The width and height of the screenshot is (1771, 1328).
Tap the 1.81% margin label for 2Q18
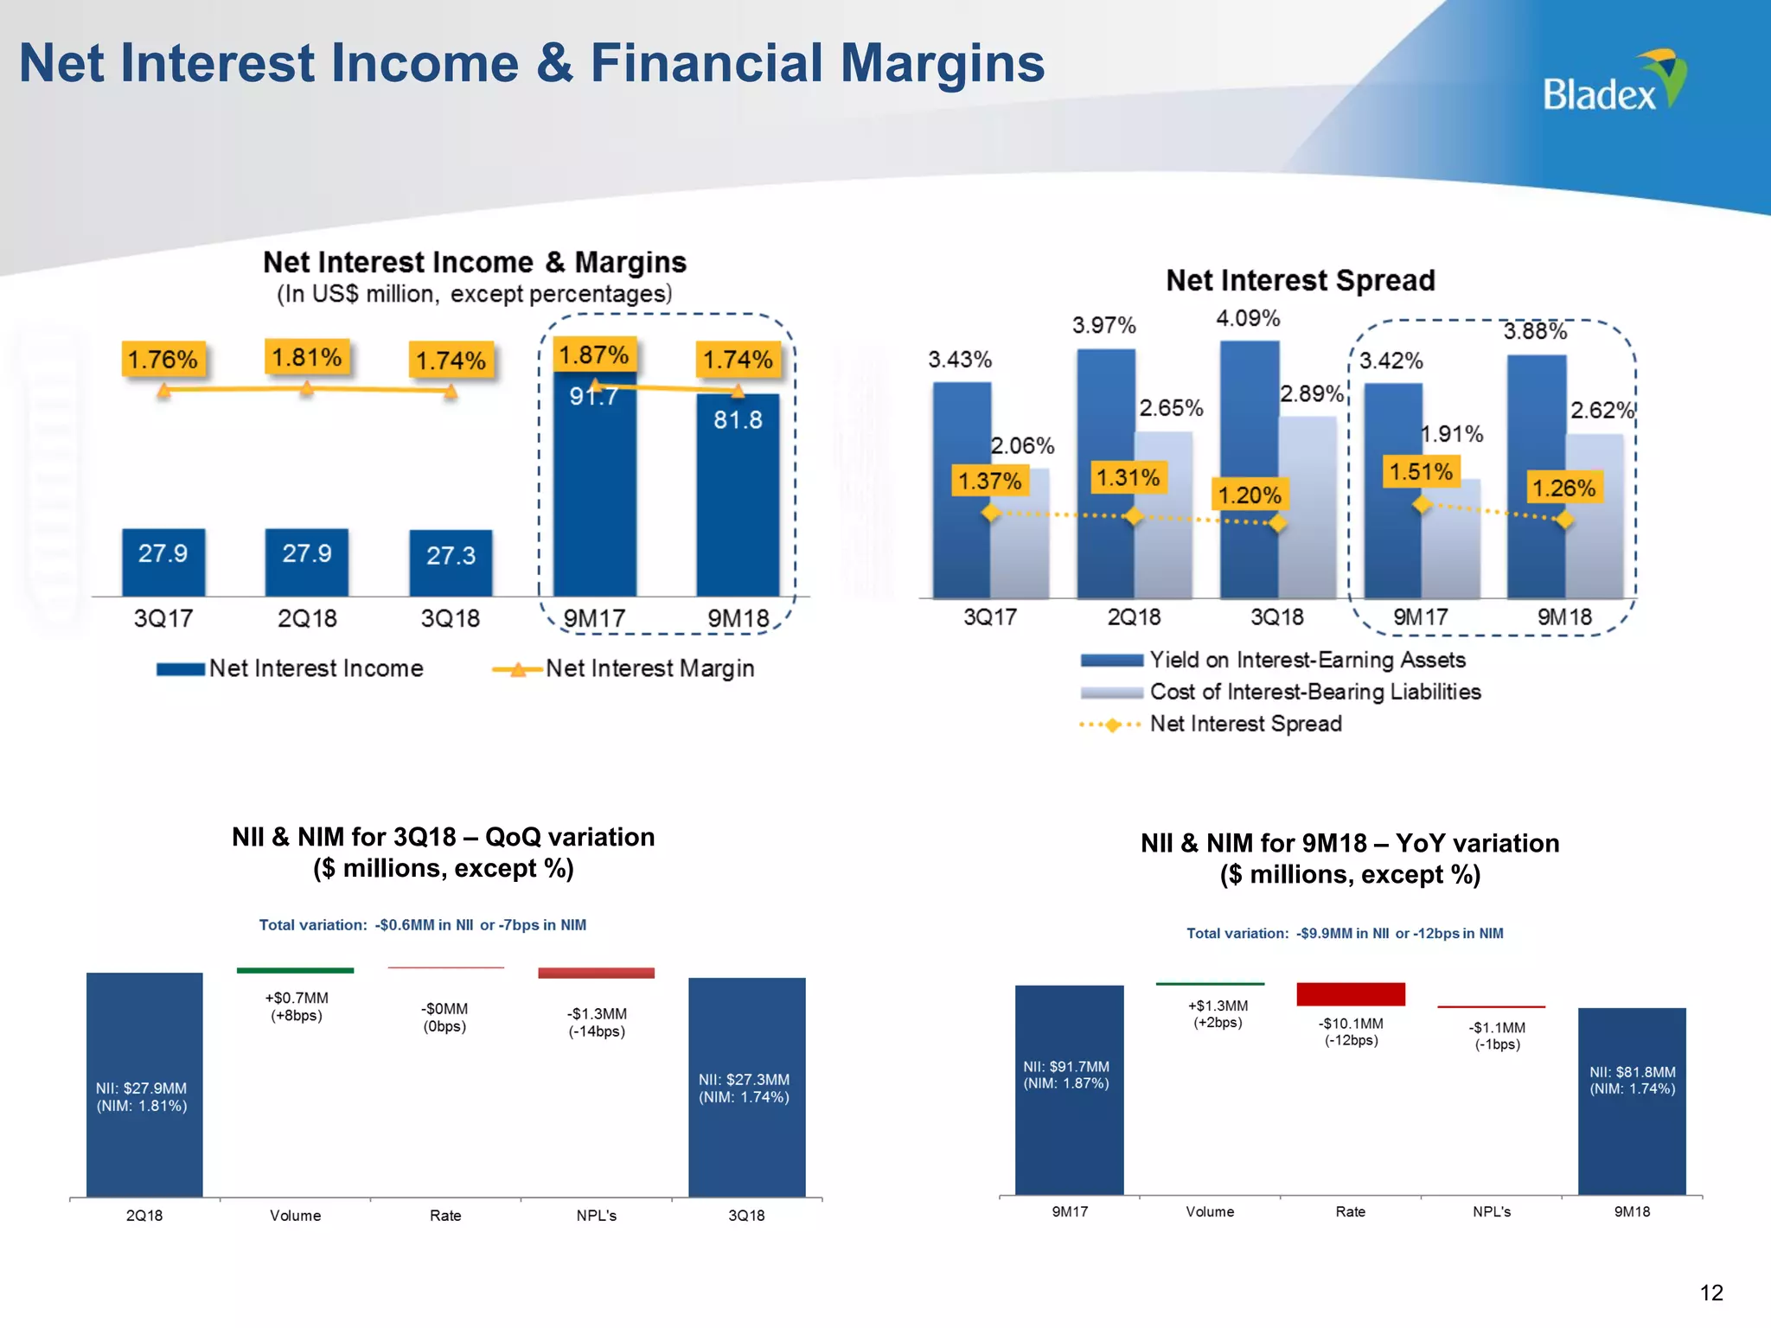(x=307, y=357)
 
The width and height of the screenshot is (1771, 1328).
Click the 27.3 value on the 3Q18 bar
(x=451, y=556)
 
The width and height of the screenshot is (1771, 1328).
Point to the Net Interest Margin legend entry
(x=623, y=668)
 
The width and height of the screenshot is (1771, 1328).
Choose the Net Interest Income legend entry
(x=291, y=668)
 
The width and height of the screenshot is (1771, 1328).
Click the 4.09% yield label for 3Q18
(x=1248, y=319)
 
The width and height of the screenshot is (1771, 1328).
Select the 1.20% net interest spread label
(x=1250, y=495)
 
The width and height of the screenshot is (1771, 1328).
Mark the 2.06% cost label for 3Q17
(x=1023, y=446)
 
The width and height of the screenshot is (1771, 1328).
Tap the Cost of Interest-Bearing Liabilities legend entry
(x=1280, y=693)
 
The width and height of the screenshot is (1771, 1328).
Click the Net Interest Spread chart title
(x=1300, y=281)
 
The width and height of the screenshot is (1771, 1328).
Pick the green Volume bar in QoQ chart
(x=295, y=970)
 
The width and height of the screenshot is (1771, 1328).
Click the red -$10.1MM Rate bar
(x=1351, y=994)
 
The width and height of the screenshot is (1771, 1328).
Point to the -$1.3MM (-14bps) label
(x=597, y=1022)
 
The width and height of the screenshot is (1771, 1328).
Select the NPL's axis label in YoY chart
(x=1492, y=1212)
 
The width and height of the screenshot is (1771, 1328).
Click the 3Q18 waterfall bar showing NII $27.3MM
(x=746, y=1088)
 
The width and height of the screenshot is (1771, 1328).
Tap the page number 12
(x=1711, y=1293)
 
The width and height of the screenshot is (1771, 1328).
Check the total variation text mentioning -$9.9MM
(x=1345, y=934)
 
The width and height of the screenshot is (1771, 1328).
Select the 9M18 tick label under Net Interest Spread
(x=1564, y=617)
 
